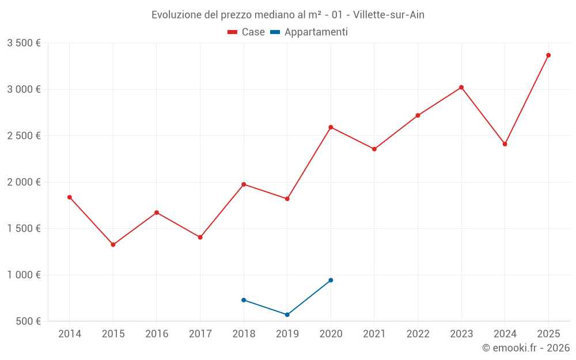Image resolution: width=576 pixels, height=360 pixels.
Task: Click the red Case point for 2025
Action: coord(548,55)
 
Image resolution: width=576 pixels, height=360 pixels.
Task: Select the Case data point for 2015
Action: coord(113,245)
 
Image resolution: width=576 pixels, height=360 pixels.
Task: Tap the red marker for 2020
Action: coord(331,127)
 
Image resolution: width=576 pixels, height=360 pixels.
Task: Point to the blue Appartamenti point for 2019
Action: coord(287,314)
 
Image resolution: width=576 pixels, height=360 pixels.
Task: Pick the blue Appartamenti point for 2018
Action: coord(244,300)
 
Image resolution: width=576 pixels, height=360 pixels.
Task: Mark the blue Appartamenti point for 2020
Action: coord(331,280)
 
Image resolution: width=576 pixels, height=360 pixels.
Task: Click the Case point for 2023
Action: coord(461,88)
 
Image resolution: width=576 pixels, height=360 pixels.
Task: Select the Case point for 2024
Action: coord(505,144)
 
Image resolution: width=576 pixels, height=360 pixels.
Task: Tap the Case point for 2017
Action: coord(200,237)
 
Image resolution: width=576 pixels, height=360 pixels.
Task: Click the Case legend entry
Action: coord(247,32)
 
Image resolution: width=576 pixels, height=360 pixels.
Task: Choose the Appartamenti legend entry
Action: coord(309,32)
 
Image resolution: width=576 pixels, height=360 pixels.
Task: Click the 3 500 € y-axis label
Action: coord(24,43)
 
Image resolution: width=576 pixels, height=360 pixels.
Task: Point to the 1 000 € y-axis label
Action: coord(24,275)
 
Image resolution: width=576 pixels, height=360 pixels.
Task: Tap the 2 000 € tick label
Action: coord(24,182)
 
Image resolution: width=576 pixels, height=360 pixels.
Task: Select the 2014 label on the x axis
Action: coord(70,334)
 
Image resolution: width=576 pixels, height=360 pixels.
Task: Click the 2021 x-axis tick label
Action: coord(374,334)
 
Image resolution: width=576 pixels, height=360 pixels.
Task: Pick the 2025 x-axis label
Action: coord(548,334)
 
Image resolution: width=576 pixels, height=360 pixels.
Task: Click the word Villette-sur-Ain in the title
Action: coord(389,15)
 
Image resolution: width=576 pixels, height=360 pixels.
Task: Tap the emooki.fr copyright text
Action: coord(526,348)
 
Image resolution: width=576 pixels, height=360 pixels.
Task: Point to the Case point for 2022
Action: coord(418,115)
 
